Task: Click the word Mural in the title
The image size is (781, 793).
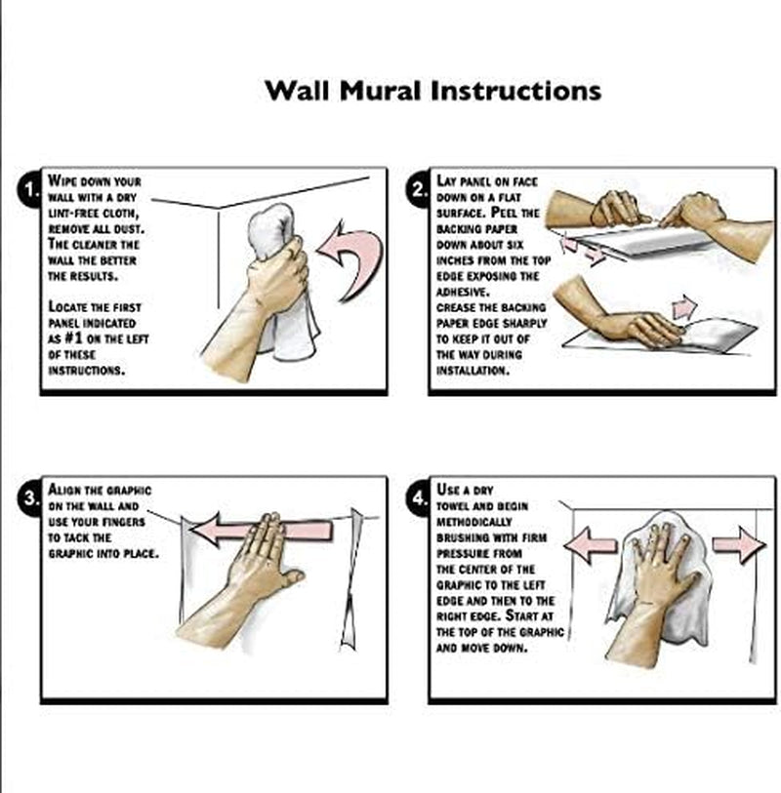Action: [x=380, y=91]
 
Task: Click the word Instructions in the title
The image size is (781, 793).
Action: [x=515, y=91]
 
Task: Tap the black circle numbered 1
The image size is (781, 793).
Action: [x=29, y=189]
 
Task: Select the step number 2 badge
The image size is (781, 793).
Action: [x=418, y=189]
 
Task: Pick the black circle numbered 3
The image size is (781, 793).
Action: [x=29, y=498]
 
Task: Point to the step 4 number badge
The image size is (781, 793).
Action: [x=418, y=498]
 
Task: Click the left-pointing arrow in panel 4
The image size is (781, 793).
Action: [x=591, y=544]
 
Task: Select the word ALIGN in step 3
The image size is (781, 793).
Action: [x=64, y=490]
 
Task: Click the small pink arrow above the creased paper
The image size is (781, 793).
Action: [x=683, y=306]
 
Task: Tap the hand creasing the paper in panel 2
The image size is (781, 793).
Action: [x=623, y=316]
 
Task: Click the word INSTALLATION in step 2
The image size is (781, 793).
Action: [x=473, y=371]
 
